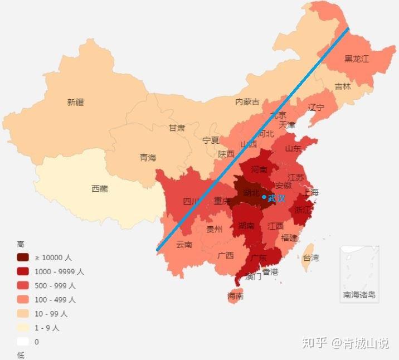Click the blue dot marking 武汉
(264, 197)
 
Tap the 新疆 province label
(75, 102)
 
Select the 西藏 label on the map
(100, 189)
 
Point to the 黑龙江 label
(356, 59)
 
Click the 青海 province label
(148, 158)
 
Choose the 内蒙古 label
(247, 101)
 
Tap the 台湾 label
(310, 258)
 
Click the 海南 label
(235, 296)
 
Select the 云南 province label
(184, 244)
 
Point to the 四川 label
(191, 202)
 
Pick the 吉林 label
(343, 86)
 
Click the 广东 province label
(258, 258)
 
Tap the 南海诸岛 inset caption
(359, 295)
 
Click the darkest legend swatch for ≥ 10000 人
(23, 257)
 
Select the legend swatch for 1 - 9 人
(23, 328)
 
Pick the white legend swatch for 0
(23, 342)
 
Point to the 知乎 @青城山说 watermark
(346, 343)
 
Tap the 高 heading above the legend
(21, 244)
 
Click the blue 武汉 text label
(276, 198)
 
